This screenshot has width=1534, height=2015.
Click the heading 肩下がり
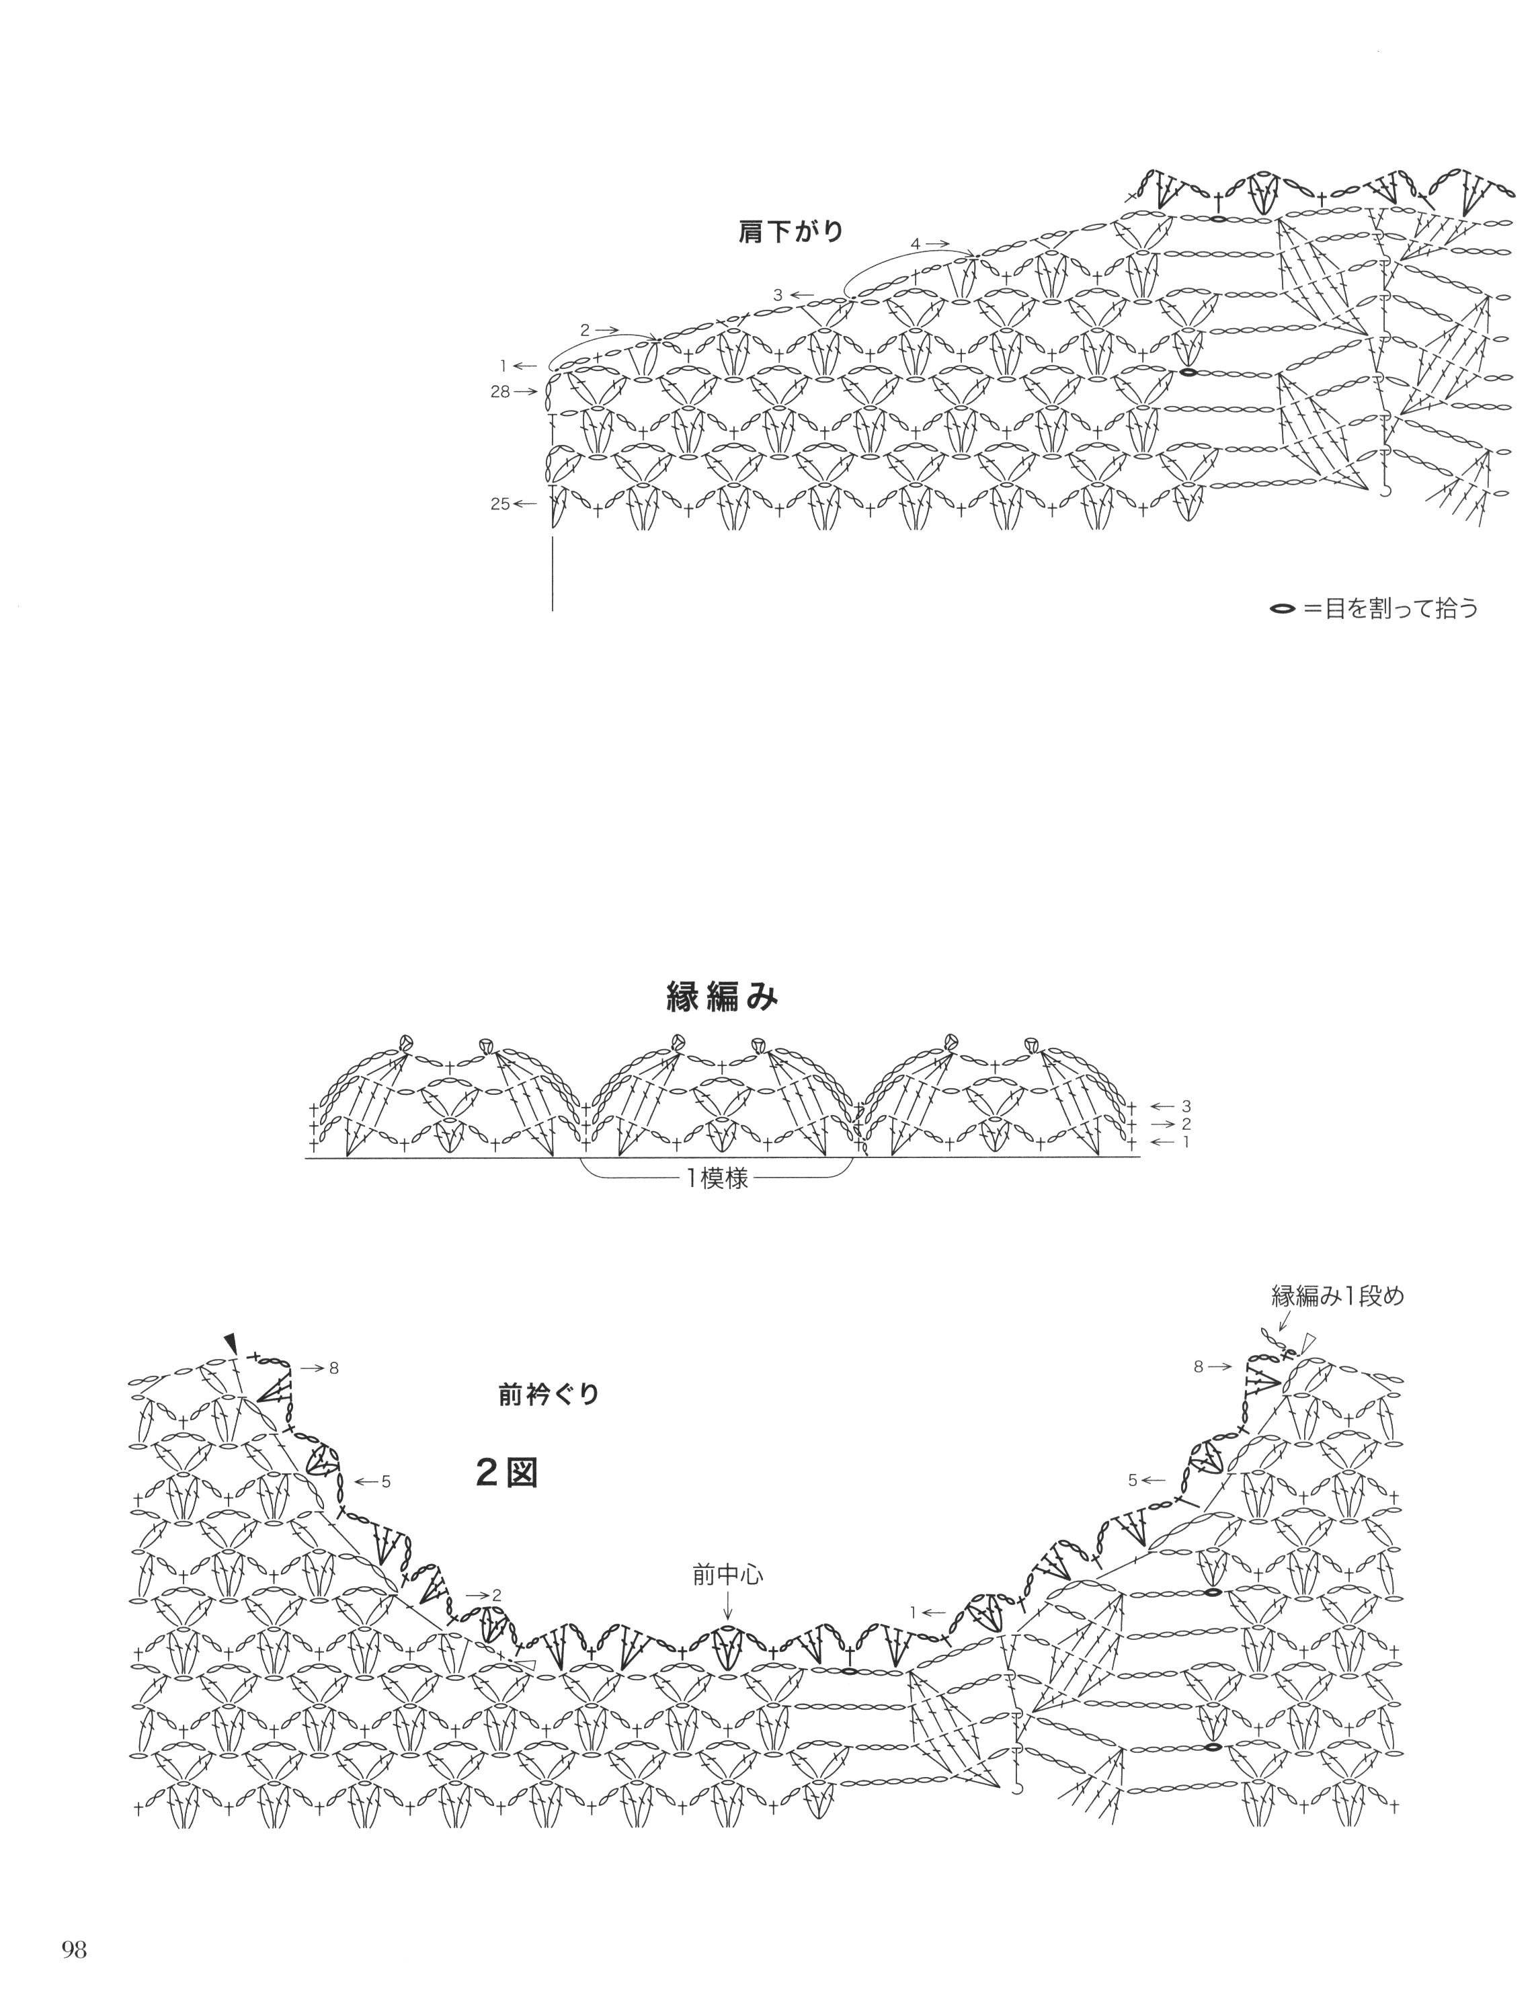pos(791,232)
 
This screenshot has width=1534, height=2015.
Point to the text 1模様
pos(718,1179)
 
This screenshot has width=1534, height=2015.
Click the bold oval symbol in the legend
pos(1283,608)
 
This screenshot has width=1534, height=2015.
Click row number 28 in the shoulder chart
pos(499,392)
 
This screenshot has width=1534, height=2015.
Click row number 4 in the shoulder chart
pos(915,244)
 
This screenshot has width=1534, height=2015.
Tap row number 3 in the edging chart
pos(1186,1106)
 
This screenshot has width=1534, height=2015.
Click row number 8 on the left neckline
pos(334,1368)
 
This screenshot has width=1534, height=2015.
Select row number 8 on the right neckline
pos(1199,1367)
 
